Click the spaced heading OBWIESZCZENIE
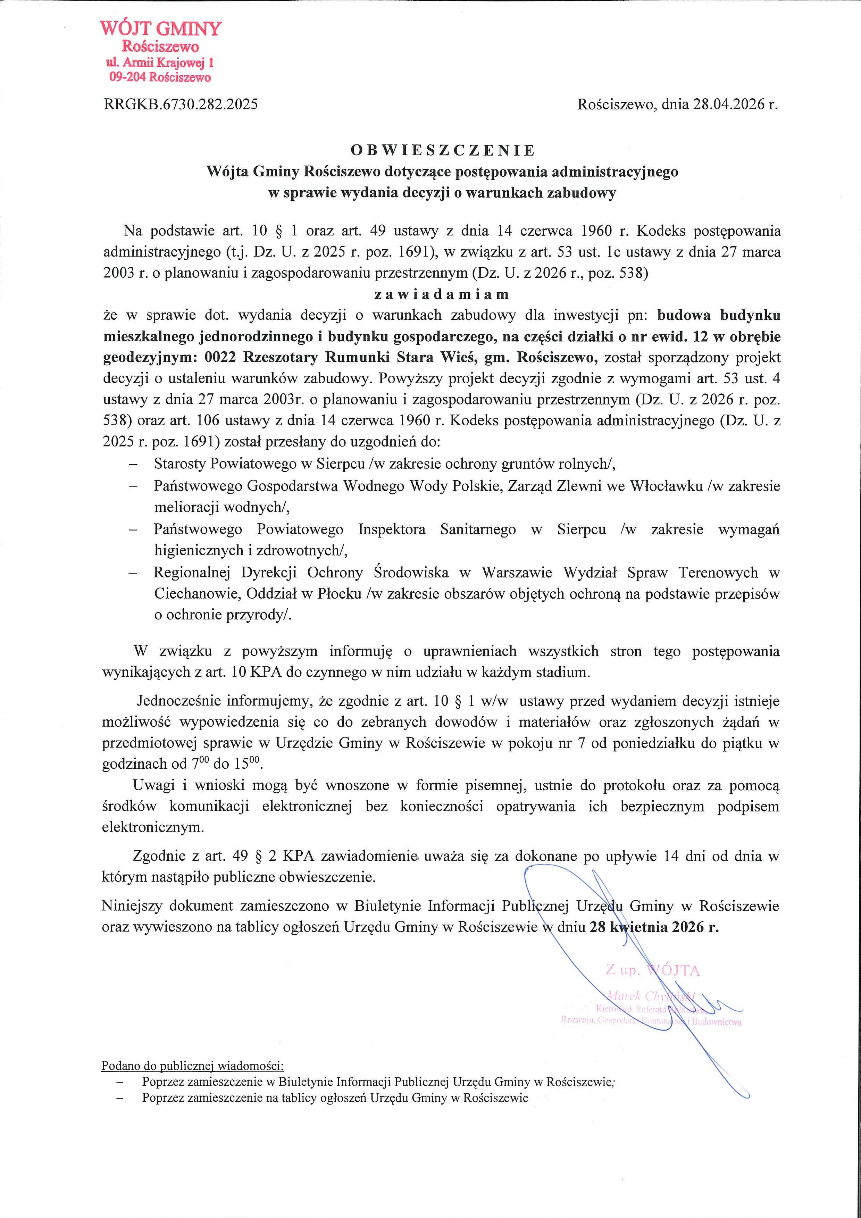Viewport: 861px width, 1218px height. click(443, 151)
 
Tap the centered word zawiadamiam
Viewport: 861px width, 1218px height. click(442, 294)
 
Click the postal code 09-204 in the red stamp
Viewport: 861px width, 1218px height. click(128, 77)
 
